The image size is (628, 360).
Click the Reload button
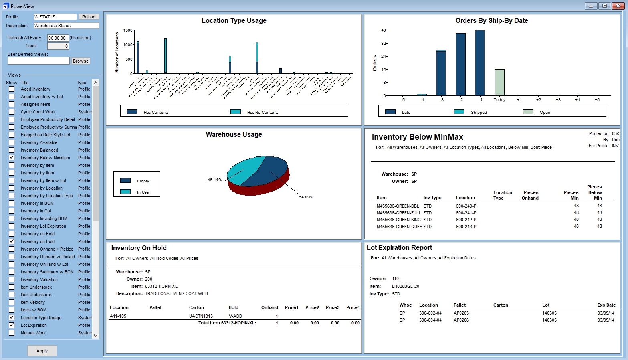(89, 17)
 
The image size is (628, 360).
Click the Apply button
(42, 351)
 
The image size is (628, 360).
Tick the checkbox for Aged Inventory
(12, 89)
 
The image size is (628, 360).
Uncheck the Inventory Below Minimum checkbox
(12, 158)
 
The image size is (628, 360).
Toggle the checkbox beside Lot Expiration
(12, 325)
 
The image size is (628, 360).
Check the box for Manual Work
(12, 333)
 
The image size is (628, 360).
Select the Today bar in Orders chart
(499, 82)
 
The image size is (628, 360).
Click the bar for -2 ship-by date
(460, 64)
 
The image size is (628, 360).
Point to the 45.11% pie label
(214, 180)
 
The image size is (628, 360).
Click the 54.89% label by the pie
(306, 197)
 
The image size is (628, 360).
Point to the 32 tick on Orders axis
(384, 43)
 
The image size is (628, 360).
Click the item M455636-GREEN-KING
(398, 220)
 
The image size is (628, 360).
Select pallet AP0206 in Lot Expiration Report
(461, 320)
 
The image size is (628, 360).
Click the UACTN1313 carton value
(201, 316)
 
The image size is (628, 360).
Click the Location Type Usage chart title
(234, 21)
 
